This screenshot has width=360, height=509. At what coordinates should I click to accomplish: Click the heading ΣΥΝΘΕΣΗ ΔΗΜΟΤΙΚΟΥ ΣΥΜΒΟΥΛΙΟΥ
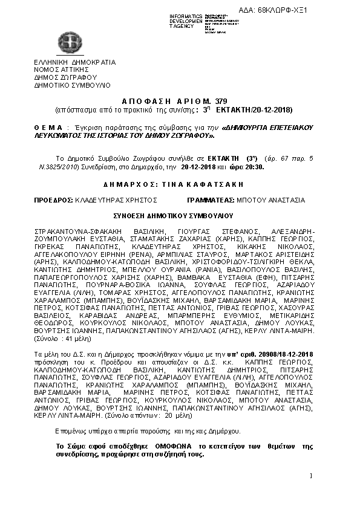click(180, 215)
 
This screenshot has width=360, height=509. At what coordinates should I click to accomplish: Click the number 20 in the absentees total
click(173, 416)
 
